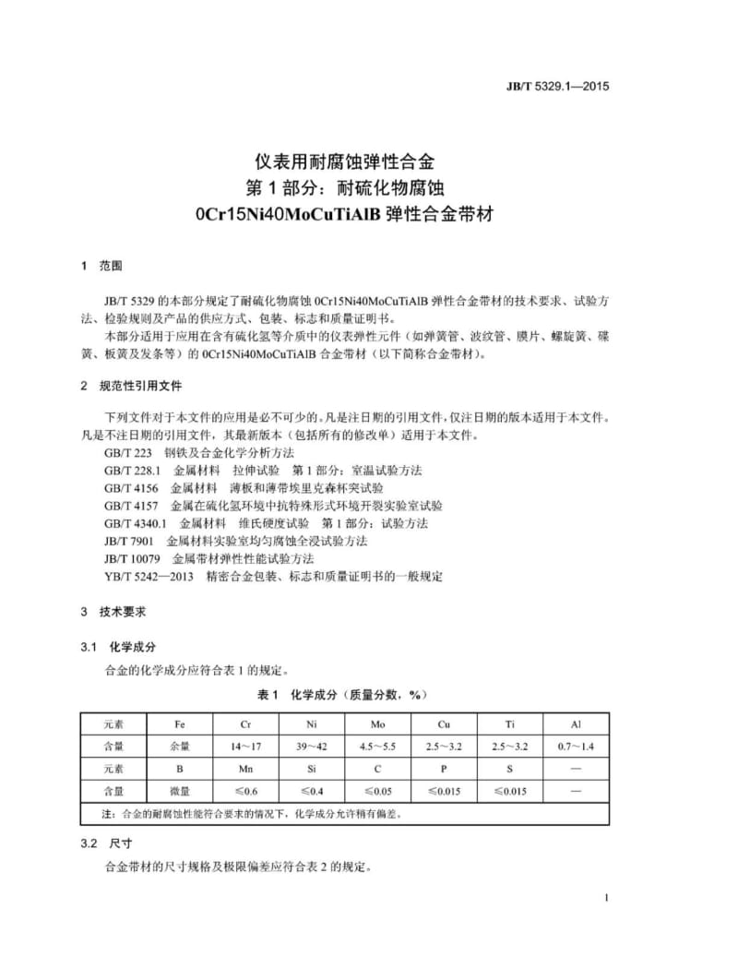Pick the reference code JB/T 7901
click(129, 541)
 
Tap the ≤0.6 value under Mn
click(244, 791)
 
